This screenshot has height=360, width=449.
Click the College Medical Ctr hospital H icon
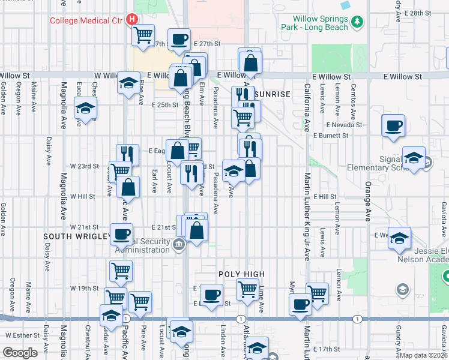click(131, 19)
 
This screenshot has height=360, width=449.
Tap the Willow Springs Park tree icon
click(358, 22)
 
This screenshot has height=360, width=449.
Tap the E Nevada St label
click(345, 125)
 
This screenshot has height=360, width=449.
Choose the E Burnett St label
click(331, 136)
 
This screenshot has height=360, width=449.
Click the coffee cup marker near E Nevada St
click(394, 126)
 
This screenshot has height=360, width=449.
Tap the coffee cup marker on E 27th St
click(179, 40)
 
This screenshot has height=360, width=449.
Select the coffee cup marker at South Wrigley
click(122, 233)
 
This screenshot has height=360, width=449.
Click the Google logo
click(20, 353)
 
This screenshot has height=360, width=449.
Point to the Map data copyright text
click(424, 355)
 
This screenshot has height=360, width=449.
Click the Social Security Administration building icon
click(178, 244)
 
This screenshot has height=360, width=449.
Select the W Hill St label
click(82, 196)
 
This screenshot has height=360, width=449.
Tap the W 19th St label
click(84, 288)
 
